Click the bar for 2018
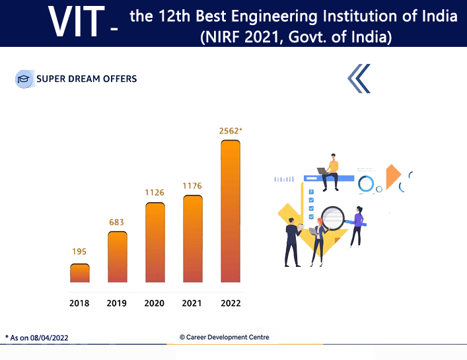(x=80, y=273)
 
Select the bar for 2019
(x=117, y=257)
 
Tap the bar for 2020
(x=155, y=242)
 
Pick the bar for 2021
(x=192, y=239)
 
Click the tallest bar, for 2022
(x=230, y=211)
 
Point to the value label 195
(x=79, y=252)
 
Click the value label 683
(x=117, y=222)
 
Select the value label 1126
(x=155, y=192)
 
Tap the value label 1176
(x=192, y=186)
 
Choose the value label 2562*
(x=231, y=131)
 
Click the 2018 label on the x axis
(x=79, y=304)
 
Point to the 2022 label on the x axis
(x=231, y=304)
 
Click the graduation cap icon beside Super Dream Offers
(x=24, y=79)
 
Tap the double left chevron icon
(x=359, y=79)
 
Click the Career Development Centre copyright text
(x=225, y=337)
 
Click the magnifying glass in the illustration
(x=334, y=217)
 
